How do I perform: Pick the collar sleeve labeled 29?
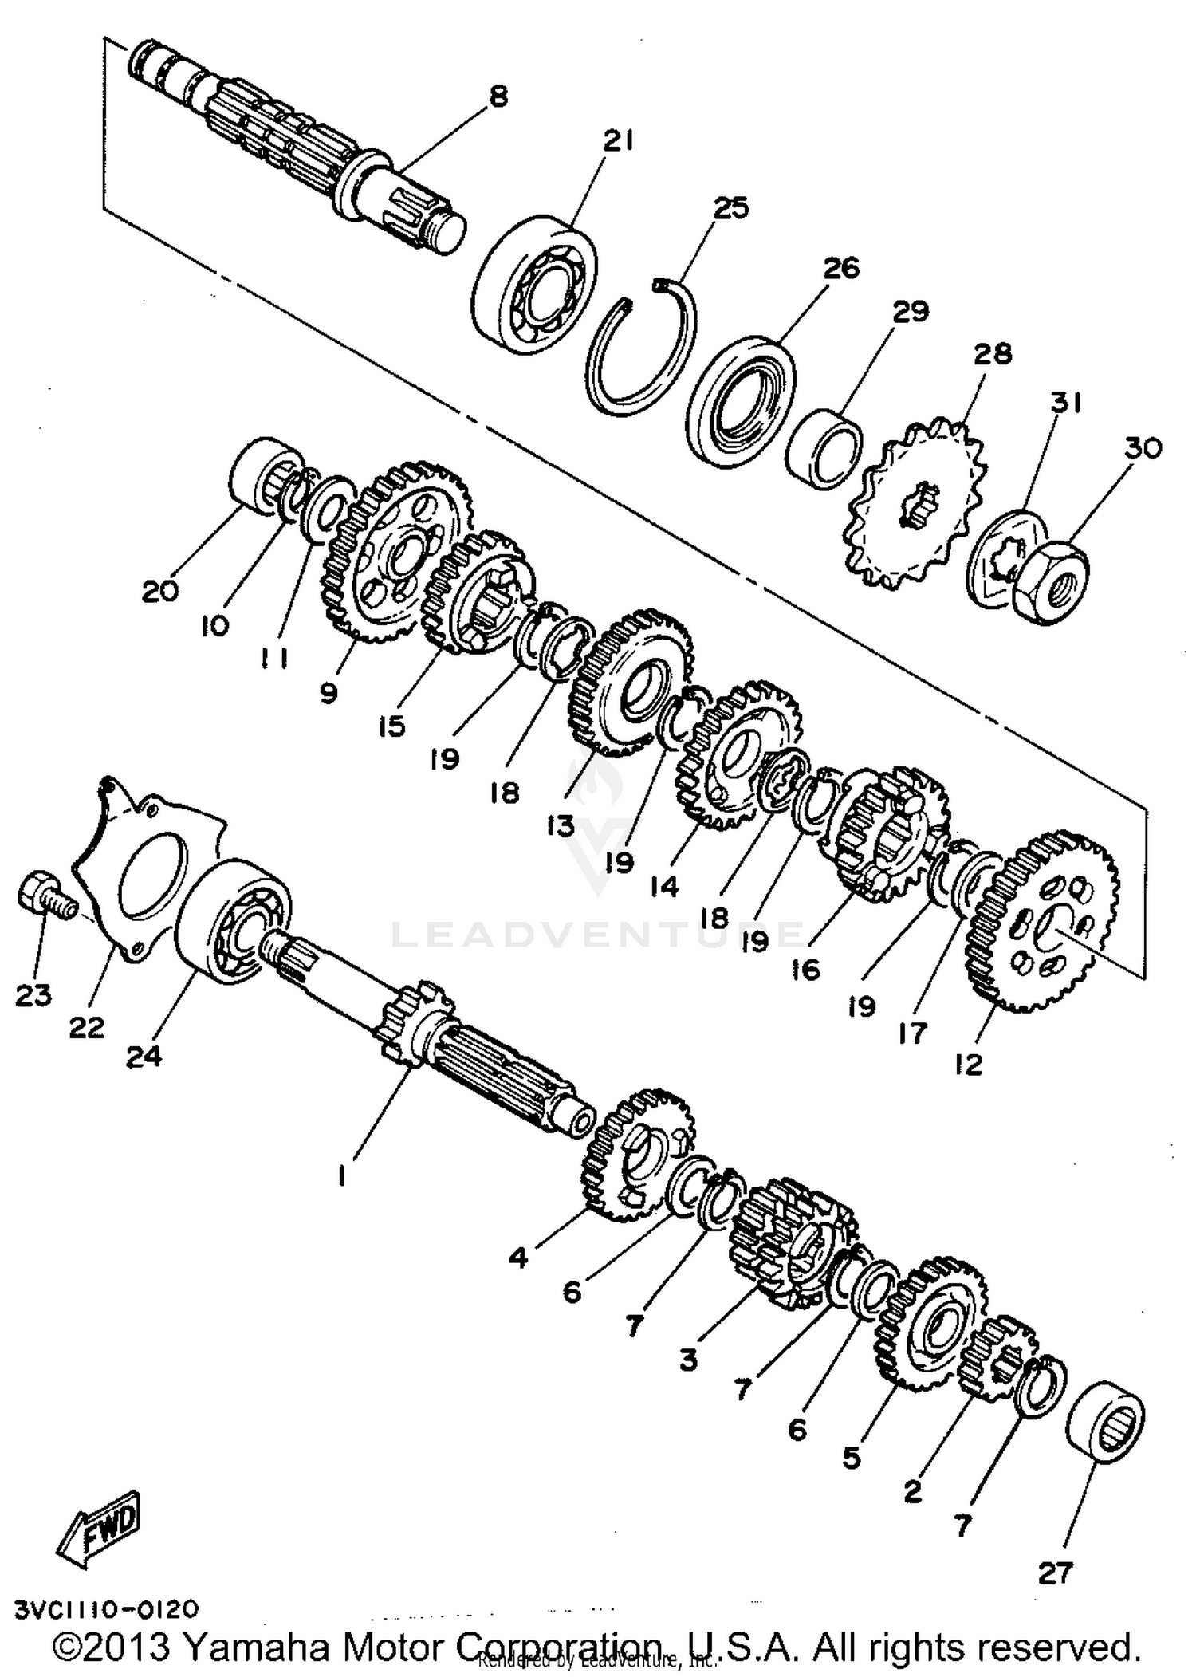pos(824,448)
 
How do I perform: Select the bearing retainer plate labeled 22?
pos(148,869)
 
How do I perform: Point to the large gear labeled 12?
pos(1045,921)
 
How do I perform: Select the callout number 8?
pos(498,97)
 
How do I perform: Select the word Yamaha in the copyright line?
pos(256,1647)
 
